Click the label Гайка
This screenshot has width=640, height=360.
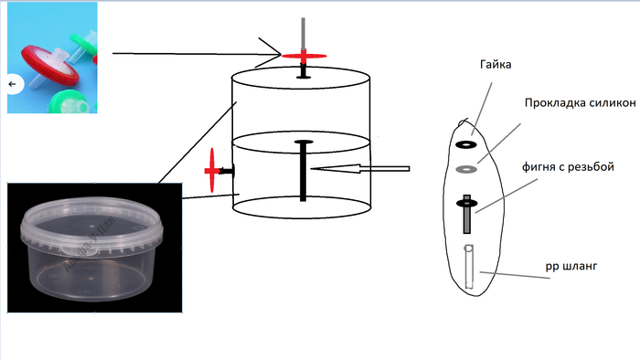click(496, 65)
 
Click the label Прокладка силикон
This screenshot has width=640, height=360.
click(580, 102)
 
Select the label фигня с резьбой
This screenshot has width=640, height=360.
click(568, 166)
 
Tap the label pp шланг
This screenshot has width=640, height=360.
click(571, 266)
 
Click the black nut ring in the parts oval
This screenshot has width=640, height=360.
click(466, 144)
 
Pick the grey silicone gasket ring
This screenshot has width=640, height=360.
click(466, 169)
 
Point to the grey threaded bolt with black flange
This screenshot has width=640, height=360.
click(467, 214)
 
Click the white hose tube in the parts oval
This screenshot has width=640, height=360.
click(468, 266)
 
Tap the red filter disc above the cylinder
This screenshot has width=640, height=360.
click(304, 56)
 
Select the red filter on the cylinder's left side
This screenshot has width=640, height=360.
click(212, 171)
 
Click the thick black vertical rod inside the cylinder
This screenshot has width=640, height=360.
click(303, 172)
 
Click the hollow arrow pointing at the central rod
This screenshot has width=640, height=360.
click(360, 169)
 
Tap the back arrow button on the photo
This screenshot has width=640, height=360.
click(13, 84)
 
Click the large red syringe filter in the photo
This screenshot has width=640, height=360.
click(50, 65)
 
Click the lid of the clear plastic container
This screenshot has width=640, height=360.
click(92, 226)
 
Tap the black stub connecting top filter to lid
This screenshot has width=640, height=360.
click(304, 70)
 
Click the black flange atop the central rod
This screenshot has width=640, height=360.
click(304, 142)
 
